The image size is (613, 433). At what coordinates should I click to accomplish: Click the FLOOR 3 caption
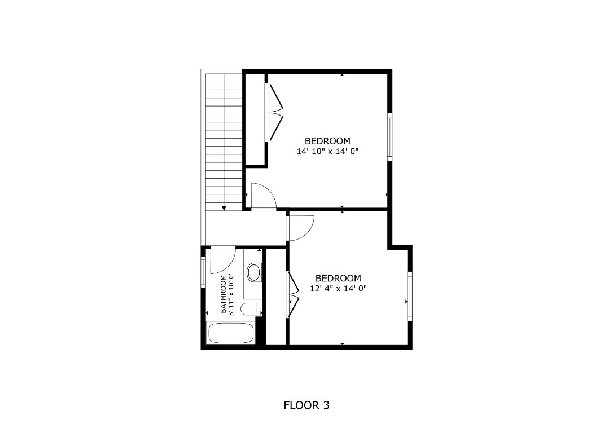pyautogui.click(x=306, y=405)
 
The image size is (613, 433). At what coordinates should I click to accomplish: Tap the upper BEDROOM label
pyautogui.click(x=327, y=141)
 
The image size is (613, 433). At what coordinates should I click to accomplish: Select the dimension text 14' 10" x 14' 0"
pyautogui.click(x=328, y=151)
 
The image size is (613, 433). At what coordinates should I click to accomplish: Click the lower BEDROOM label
pyautogui.click(x=338, y=278)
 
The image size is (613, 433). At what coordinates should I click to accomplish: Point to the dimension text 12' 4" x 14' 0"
pyautogui.click(x=339, y=288)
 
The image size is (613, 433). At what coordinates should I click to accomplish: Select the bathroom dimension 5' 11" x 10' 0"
pyautogui.click(x=231, y=294)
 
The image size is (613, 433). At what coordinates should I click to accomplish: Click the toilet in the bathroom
pyautogui.click(x=251, y=309)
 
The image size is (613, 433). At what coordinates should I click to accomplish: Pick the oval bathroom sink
pyautogui.click(x=254, y=273)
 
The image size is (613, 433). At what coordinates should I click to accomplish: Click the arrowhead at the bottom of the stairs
pyautogui.click(x=224, y=208)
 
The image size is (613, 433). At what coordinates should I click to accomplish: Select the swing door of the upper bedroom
pyautogui.click(x=261, y=196)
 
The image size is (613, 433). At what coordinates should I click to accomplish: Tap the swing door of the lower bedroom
pyautogui.click(x=299, y=228)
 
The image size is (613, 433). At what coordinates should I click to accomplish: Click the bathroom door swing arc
pyautogui.click(x=222, y=260)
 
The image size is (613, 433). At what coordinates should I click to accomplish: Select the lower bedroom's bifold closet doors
pyautogui.click(x=293, y=294)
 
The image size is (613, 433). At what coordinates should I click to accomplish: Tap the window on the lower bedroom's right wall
pyautogui.click(x=410, y=295)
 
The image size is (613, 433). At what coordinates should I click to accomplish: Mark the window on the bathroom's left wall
pyautogui.click(x=204, y=272)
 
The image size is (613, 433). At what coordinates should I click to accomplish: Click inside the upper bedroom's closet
pyautogui.click(x=255, y=119)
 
